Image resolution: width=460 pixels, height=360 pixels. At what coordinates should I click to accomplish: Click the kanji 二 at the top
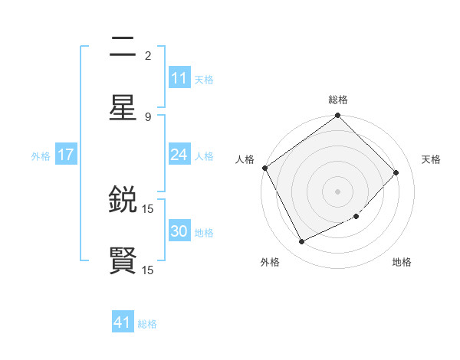[x=123, y=47]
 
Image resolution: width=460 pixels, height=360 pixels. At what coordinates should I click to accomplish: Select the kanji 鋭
[x=123, y=201]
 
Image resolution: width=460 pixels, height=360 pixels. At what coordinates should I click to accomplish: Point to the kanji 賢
[x=123, y=260]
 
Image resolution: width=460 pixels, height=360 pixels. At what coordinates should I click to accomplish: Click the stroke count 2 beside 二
[x=148, y=55]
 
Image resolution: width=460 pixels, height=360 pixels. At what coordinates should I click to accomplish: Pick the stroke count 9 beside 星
[x=148, y=116]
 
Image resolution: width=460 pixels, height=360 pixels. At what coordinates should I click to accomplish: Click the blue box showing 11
[x=179, y=78]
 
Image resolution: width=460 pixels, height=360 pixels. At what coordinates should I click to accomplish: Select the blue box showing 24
[x=179, y=155]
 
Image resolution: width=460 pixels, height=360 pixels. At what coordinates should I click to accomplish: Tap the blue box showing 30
[x=179, y=231]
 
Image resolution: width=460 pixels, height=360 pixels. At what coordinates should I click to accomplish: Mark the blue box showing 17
[x=66, y=155]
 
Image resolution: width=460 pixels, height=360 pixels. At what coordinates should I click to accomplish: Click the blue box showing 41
[x=123, y=323]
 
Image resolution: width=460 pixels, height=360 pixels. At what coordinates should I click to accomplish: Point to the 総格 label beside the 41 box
[x=147, y=324]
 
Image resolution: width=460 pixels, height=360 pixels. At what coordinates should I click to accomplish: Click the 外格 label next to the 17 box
[x=41, y=155]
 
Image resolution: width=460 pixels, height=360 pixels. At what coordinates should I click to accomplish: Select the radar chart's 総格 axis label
[x=338, y=100]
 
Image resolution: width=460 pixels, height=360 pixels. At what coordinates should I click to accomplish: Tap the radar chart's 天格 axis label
[x=432, y=159]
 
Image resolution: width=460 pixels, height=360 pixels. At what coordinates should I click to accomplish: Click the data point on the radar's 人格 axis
[x=265, y=168]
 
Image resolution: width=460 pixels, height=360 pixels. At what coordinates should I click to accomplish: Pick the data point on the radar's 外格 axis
[x=301, y=242]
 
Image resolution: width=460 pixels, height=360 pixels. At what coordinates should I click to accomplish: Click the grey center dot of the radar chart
[x=338, y=191]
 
